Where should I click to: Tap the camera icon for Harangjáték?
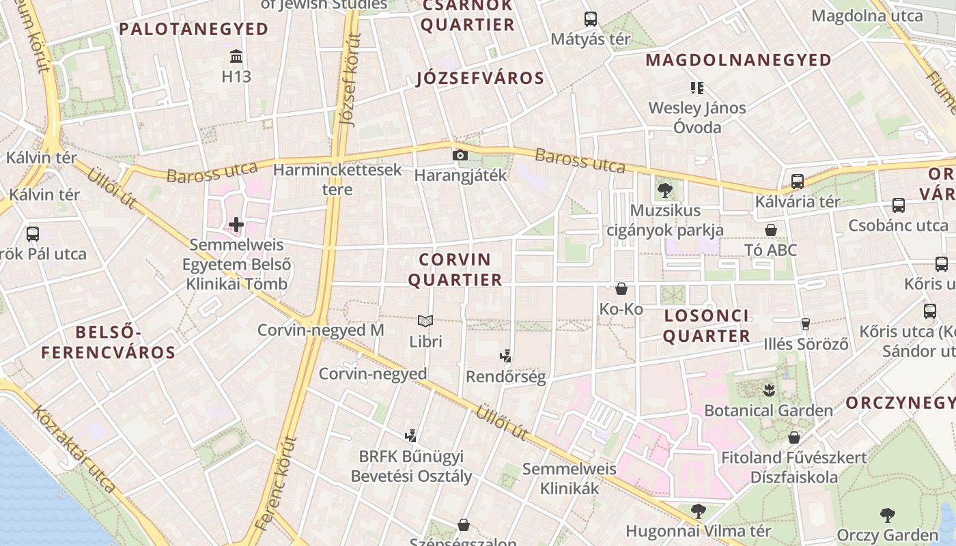click(x=460, y=155)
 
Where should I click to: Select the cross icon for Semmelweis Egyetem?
click(x=236, y=224)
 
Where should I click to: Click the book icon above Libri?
click(x=425, y=320)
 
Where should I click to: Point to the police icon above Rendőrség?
click(x=505, y=356)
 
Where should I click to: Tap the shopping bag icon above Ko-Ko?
click(x=621, y=289)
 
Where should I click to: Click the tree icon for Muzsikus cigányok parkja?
click(x=664, y=190)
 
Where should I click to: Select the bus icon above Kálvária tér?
click(x=797, y=182)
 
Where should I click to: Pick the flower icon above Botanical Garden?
click(x=768, y=390)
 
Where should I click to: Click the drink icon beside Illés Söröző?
click(x=806, y=324)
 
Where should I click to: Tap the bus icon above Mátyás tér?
click(x=590, y=19)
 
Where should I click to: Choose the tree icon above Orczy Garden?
click(x=887, y=515)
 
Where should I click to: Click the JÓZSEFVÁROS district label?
click(x=480, y=78)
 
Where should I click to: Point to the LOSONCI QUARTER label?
click(x=706, y=326)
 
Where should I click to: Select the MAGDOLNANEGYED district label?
click(x=738, y=60)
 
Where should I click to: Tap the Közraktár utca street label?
click(x=74, y=450)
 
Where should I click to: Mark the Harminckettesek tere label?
click(x=337, y=179)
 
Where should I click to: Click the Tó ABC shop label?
click(x=771, y=250)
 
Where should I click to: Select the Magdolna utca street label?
click(x=867, y=16)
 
